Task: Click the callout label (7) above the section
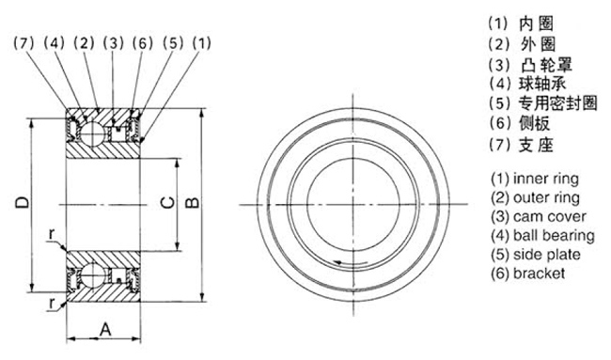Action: coord(24,43)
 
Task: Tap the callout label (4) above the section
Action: coord(55,43)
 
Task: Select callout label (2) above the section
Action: coord(85,43)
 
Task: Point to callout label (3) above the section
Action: coord(114,43)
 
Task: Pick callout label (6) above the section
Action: coord(143,43)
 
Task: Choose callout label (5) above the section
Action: coord(173,43)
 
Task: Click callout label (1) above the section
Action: coord(202,43)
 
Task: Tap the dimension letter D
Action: coord(23,203)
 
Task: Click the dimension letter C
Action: coord(167,203)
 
